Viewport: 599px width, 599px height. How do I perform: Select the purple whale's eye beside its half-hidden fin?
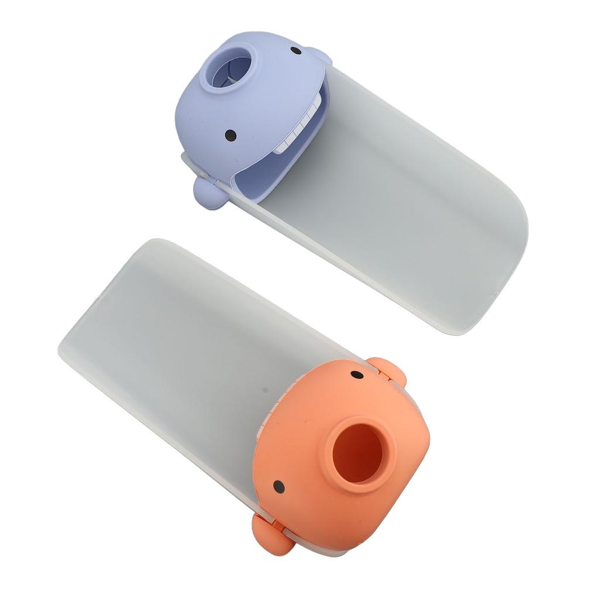[x=295, y=51]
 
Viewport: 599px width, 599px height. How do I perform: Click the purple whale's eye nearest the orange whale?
[x=230, y=135]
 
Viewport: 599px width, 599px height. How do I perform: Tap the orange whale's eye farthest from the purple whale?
[x=279, y=486]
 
